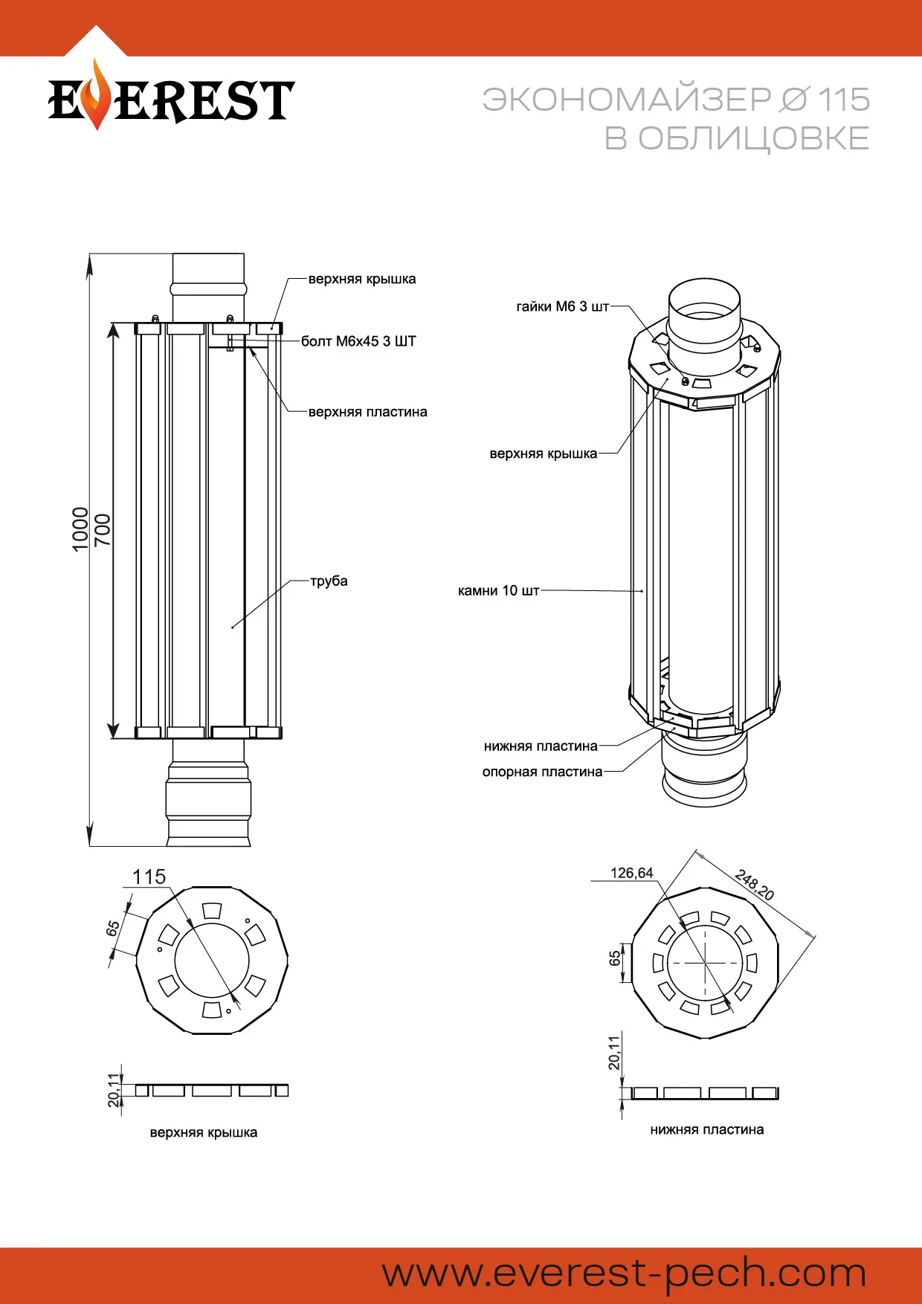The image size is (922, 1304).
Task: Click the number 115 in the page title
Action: pyautogui.click(x=844, y=100)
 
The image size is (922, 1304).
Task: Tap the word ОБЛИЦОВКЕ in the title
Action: pyautogui.click(x=753, y=138)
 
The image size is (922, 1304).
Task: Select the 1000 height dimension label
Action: pyautogui.click(x=80, y=529)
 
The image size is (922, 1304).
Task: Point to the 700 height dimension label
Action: pyautogui.click(x=103, y=529)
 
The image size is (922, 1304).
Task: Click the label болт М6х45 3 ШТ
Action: pyautogui.click(x=358, y=341)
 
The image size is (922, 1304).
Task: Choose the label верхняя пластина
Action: pyautogui.click(x=367, y=412)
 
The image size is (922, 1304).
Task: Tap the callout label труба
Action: pyautogui.click(x=329, y=581)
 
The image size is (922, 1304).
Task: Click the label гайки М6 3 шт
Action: pyautogui.click(x=562, y=306)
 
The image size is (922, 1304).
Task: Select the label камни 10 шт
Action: pyautogui.click(x=498, y=590)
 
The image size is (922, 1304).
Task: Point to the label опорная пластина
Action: pyautogui.click(x=542, y=772)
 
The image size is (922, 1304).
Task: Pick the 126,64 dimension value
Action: pyautogui.click(x=631, y=873)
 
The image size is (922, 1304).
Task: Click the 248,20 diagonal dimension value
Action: pyautogui.click(x=755, y=884)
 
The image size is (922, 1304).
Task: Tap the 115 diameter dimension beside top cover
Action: pyautogui.click(x=149, y=877)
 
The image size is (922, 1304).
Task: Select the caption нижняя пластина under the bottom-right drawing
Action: pyautogui.click(x=706, y=1129)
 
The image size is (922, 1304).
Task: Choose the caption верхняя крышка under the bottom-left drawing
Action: pyautogui.click(x=203, y=1132)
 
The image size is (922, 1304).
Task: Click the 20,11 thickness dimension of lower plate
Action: pyautogui.click(x=614, y=1053)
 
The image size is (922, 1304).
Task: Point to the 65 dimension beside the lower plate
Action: pyautogui.click(x=615, y=958)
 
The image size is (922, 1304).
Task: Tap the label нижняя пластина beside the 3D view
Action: pyautogui.click(x=541, y=746)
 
